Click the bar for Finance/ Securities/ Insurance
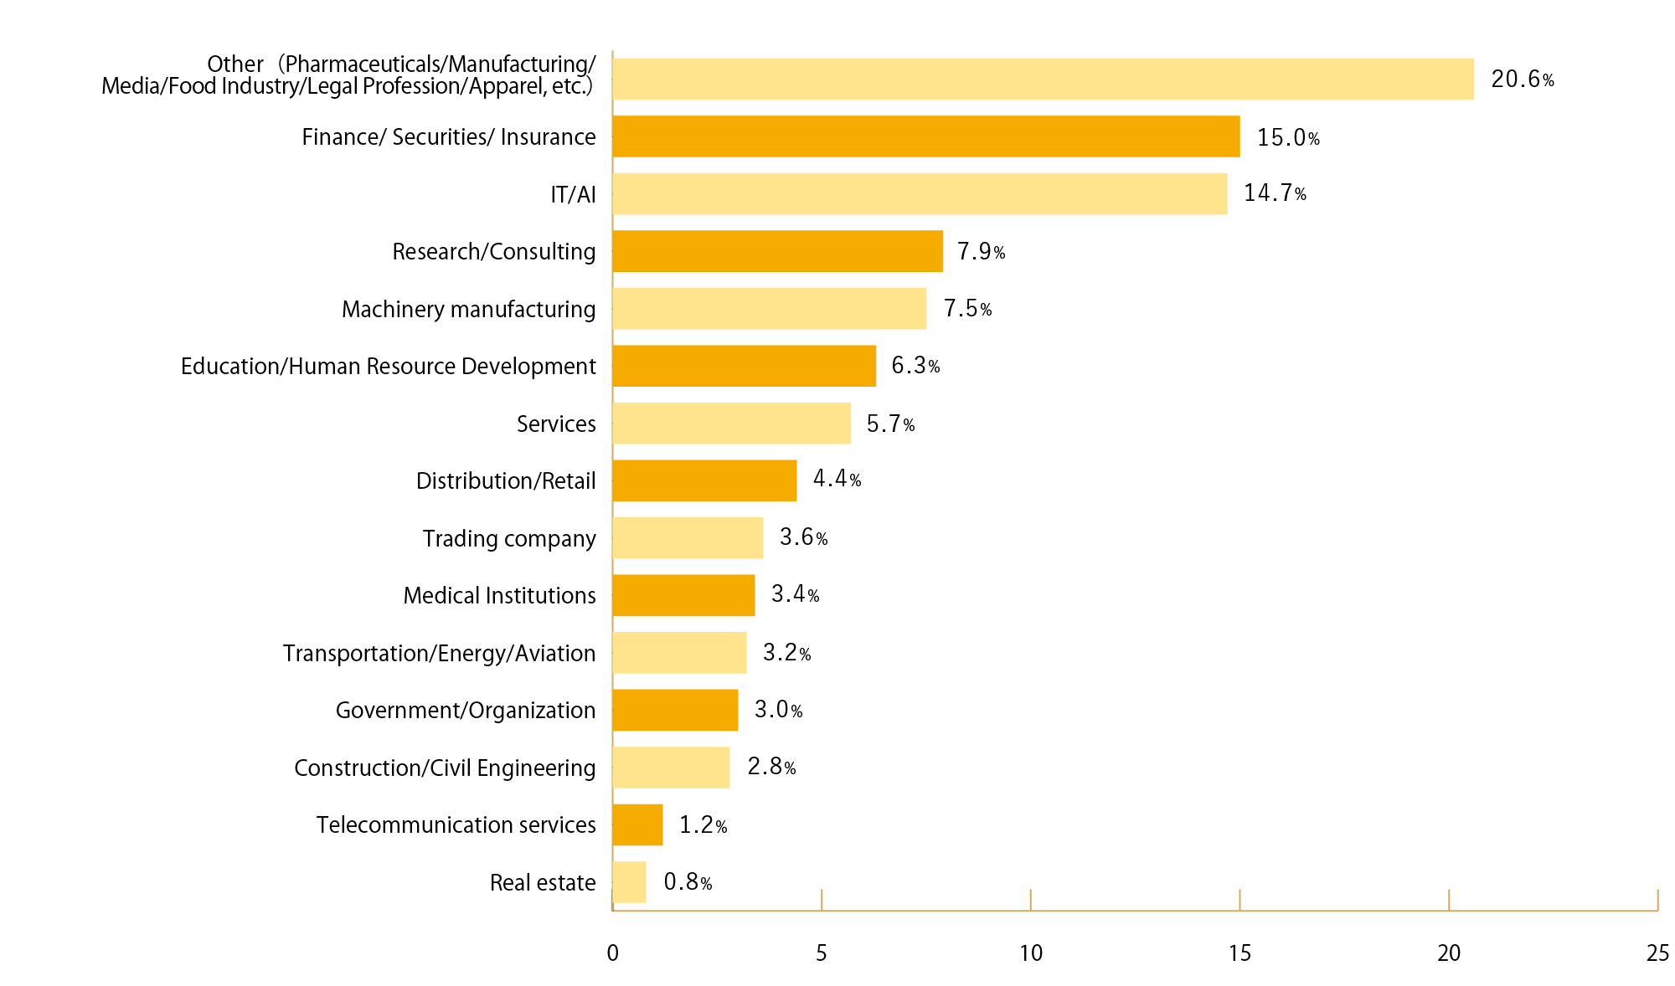coord(925,136)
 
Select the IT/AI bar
coord(920,193)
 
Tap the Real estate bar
coord(630,882)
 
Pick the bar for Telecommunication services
coord(638,824)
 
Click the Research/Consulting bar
coord(778,251)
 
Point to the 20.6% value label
coord(1522,80)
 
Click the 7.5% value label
coord(967,309)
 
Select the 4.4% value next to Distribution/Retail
coord(836,479)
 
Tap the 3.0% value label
coord(777,710)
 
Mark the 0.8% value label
coord(687,882)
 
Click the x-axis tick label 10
coord(1031,953)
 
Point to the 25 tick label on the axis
coord(1657,953)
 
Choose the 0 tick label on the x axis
coord(613,953)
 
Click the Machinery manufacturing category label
coord(468,310)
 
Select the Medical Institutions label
coord(499,596)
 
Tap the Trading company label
coord(508,539)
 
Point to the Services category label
coord(555,424)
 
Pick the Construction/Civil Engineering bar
coord(672,768)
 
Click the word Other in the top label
coord(235,64)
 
